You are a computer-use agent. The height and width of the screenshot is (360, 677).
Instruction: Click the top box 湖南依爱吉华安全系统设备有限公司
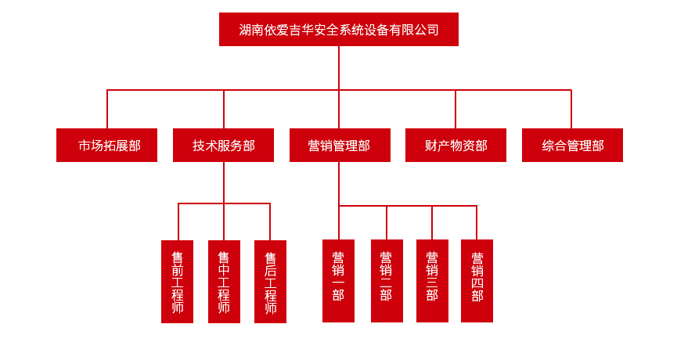coord(338,30)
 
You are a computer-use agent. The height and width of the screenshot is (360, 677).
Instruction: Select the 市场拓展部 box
coord(106,146)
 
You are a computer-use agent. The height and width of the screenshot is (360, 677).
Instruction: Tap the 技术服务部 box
coord(223,146)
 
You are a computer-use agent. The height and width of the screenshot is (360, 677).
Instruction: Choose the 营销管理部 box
coord(340,146)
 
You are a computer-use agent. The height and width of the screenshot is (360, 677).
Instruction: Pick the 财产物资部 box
coord(456,146)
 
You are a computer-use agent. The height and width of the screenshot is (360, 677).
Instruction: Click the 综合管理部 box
coord(572,146)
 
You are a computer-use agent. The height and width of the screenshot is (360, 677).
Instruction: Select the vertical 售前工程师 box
coord(177,282)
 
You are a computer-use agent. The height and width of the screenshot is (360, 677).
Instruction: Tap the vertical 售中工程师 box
coord(224,282)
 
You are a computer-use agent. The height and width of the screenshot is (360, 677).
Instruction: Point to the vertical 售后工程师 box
coord(270,282)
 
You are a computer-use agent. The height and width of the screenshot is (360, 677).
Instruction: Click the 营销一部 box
coord(338,281)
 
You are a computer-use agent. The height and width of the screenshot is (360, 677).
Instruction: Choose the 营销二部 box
coord(387,281)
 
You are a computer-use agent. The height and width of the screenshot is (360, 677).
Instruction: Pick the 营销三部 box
coord(432,281)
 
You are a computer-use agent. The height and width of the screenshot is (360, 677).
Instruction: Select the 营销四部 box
coord(477,281)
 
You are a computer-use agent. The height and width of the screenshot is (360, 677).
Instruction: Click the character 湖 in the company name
coord(245,30)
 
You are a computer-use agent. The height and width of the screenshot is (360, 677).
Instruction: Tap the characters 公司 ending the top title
coord(426,30)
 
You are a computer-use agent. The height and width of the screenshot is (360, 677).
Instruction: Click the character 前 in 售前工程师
coord(177,270)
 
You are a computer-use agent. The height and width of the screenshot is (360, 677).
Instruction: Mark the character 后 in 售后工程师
coord(270,271)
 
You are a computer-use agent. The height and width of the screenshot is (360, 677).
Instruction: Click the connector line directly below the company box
coord(339,67)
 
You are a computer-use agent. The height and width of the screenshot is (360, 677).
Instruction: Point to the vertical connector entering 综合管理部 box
coord(571,110)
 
